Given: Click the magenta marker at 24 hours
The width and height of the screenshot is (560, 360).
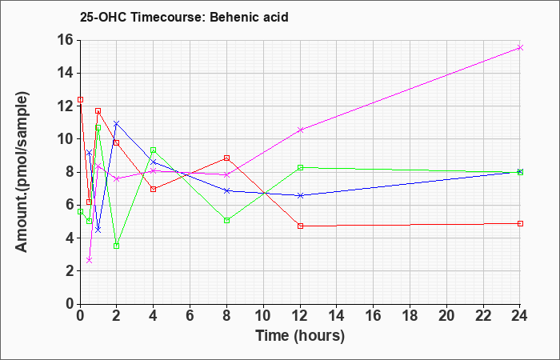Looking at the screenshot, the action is point(520,47).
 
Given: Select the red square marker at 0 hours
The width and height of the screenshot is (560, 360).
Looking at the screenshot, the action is point(80,100).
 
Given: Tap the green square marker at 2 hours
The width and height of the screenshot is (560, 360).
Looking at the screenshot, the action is point(117,246).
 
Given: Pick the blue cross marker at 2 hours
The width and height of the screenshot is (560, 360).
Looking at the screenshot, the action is point(117,123).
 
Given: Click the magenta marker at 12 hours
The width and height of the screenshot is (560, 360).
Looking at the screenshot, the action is point(300,130).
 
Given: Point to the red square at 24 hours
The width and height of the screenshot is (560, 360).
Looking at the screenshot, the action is point(520,223).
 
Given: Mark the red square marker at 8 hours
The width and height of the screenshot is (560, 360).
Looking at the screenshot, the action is point(226,158).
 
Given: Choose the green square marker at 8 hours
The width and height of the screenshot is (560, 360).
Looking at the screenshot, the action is point(226,220).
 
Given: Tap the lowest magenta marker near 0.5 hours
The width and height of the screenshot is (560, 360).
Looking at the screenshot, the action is point(90,260).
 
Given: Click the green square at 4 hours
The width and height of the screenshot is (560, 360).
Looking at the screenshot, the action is point(154,150).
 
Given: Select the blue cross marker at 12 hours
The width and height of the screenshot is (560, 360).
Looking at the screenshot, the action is point(300,196).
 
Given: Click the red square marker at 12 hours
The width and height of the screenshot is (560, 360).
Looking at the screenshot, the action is point(300,226).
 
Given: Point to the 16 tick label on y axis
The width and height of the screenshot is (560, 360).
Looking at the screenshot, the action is point(65,40).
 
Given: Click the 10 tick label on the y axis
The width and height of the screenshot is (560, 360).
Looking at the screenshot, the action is point(65,139).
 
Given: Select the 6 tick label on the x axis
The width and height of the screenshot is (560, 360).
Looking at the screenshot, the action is point(190,316).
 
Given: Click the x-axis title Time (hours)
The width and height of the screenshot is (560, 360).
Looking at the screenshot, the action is point(300,336).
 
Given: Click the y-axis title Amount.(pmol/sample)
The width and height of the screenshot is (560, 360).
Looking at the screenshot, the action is point(22,172).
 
